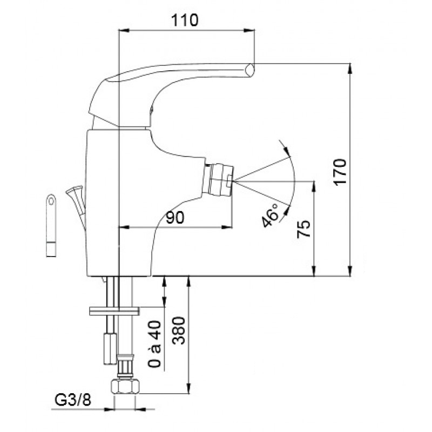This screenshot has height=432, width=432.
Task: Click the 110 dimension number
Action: click(185, 20)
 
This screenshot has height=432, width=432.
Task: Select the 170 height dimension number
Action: click(340, 172)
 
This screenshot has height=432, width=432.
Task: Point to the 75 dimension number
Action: click(303, 229)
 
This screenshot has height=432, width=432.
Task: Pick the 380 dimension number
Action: click(179, 330)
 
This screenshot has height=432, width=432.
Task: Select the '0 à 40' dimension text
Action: click(154, 344)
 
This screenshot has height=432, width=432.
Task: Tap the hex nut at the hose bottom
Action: click(125, 387)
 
